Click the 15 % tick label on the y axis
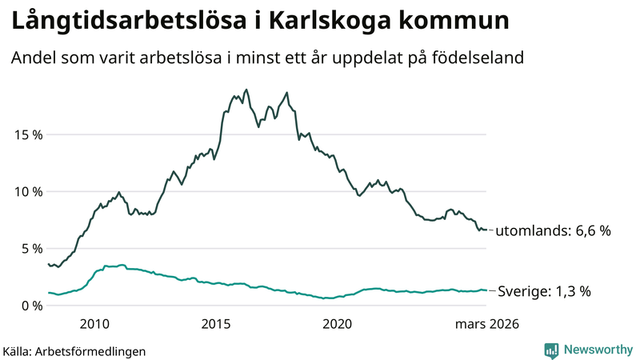[26, 134]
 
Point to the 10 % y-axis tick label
[26, 191]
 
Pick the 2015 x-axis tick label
[215, 324]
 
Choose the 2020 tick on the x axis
[337, 324]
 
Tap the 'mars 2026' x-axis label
[487, 324]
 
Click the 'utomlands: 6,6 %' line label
[553, 230]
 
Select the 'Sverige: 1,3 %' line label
[544, 291]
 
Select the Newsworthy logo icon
[551, 350]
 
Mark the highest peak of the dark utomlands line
[246, 90]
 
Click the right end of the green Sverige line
[486, 290]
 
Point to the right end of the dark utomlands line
[486, 230]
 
